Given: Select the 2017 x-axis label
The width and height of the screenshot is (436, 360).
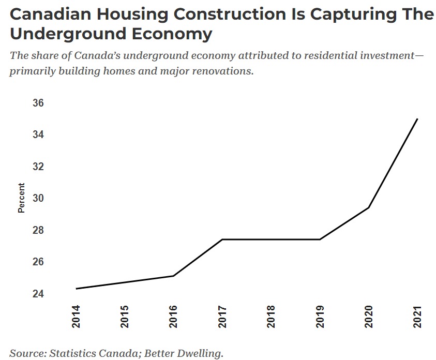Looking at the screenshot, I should click(222, 316).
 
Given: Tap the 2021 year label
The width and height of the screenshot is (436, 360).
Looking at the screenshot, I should click(418, 316).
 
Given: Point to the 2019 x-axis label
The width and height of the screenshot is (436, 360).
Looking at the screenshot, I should click(320, 316).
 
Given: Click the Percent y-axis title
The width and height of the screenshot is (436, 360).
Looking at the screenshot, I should click(21, 198).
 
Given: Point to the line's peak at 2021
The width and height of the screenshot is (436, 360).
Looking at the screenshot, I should click(417, 119).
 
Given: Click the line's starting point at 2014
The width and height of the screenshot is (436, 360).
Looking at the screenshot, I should click(76, 289).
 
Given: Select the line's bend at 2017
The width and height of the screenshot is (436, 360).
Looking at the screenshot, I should click(222, 239).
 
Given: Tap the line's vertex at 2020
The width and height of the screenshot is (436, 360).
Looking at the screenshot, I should click(369, 207).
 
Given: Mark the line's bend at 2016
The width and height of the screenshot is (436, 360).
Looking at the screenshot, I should click(174, 276).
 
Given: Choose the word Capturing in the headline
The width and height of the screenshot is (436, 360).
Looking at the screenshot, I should click(350, 14).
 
